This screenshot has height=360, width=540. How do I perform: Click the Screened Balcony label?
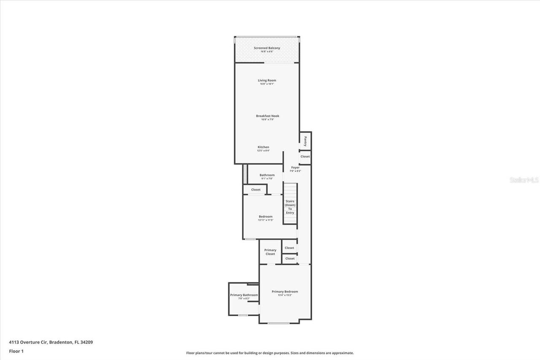point(267,48)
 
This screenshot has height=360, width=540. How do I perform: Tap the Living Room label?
point(267,80)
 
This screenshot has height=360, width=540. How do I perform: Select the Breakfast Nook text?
point(267,116)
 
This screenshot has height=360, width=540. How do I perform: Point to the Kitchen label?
point(263,147)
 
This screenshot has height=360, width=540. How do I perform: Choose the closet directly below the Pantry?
point(305,157)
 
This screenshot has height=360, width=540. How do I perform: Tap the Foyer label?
point(295,168)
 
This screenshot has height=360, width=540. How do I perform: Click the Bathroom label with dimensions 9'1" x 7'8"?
point(267,175)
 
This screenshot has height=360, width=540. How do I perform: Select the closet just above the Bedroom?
point(256,190)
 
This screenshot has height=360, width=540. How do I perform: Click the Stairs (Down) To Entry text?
point(290,207)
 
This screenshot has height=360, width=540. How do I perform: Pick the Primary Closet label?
point(270,252)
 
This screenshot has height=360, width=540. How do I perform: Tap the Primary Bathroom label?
point(244,295)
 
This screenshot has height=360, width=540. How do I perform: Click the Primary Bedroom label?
point(285,292)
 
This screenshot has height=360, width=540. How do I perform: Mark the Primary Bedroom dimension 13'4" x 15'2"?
point(285,295)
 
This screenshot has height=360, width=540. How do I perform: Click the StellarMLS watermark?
point(524,180)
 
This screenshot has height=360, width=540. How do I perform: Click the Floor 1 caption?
point(16,351)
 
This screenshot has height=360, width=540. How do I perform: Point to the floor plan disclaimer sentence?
point(270,353)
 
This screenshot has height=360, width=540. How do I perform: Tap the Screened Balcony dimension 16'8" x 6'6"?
point(267,52)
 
